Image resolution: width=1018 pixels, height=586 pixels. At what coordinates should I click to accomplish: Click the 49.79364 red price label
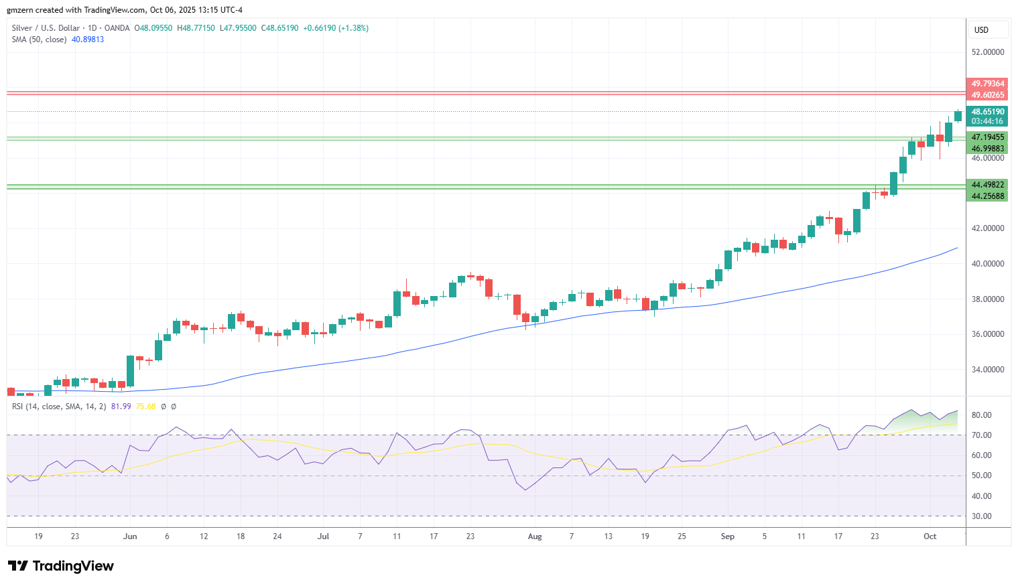point(987,84)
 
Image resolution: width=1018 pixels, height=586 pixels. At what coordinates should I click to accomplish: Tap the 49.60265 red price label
point(987,95)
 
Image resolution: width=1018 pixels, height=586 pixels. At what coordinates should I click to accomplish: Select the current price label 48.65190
point(987,112)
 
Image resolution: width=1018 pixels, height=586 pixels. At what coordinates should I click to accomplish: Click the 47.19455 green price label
point(987,137)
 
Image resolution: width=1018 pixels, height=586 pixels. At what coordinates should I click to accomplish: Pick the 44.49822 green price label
point(987,185)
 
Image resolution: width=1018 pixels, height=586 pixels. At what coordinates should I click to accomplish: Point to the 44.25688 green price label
point(987,196)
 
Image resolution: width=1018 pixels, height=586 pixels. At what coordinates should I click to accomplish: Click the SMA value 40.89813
point(88,40)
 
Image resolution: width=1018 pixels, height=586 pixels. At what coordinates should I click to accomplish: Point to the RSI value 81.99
point(121,407)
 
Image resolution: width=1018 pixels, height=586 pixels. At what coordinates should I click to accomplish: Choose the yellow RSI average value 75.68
point(145,407)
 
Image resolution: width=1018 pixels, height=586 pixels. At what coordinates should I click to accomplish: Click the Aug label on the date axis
point(535,536)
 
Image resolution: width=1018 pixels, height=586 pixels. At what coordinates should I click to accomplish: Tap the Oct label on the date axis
point(930,536)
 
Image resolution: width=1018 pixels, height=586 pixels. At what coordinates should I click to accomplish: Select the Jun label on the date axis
point(130,536)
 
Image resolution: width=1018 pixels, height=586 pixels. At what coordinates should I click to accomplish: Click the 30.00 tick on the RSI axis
point(982,516)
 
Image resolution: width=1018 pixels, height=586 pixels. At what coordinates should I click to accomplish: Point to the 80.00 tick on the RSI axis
point(982,415)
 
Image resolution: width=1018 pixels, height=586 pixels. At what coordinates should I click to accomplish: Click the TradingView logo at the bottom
point(61,566)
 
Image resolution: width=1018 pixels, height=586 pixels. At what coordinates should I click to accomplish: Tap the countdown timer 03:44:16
point(987,121)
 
